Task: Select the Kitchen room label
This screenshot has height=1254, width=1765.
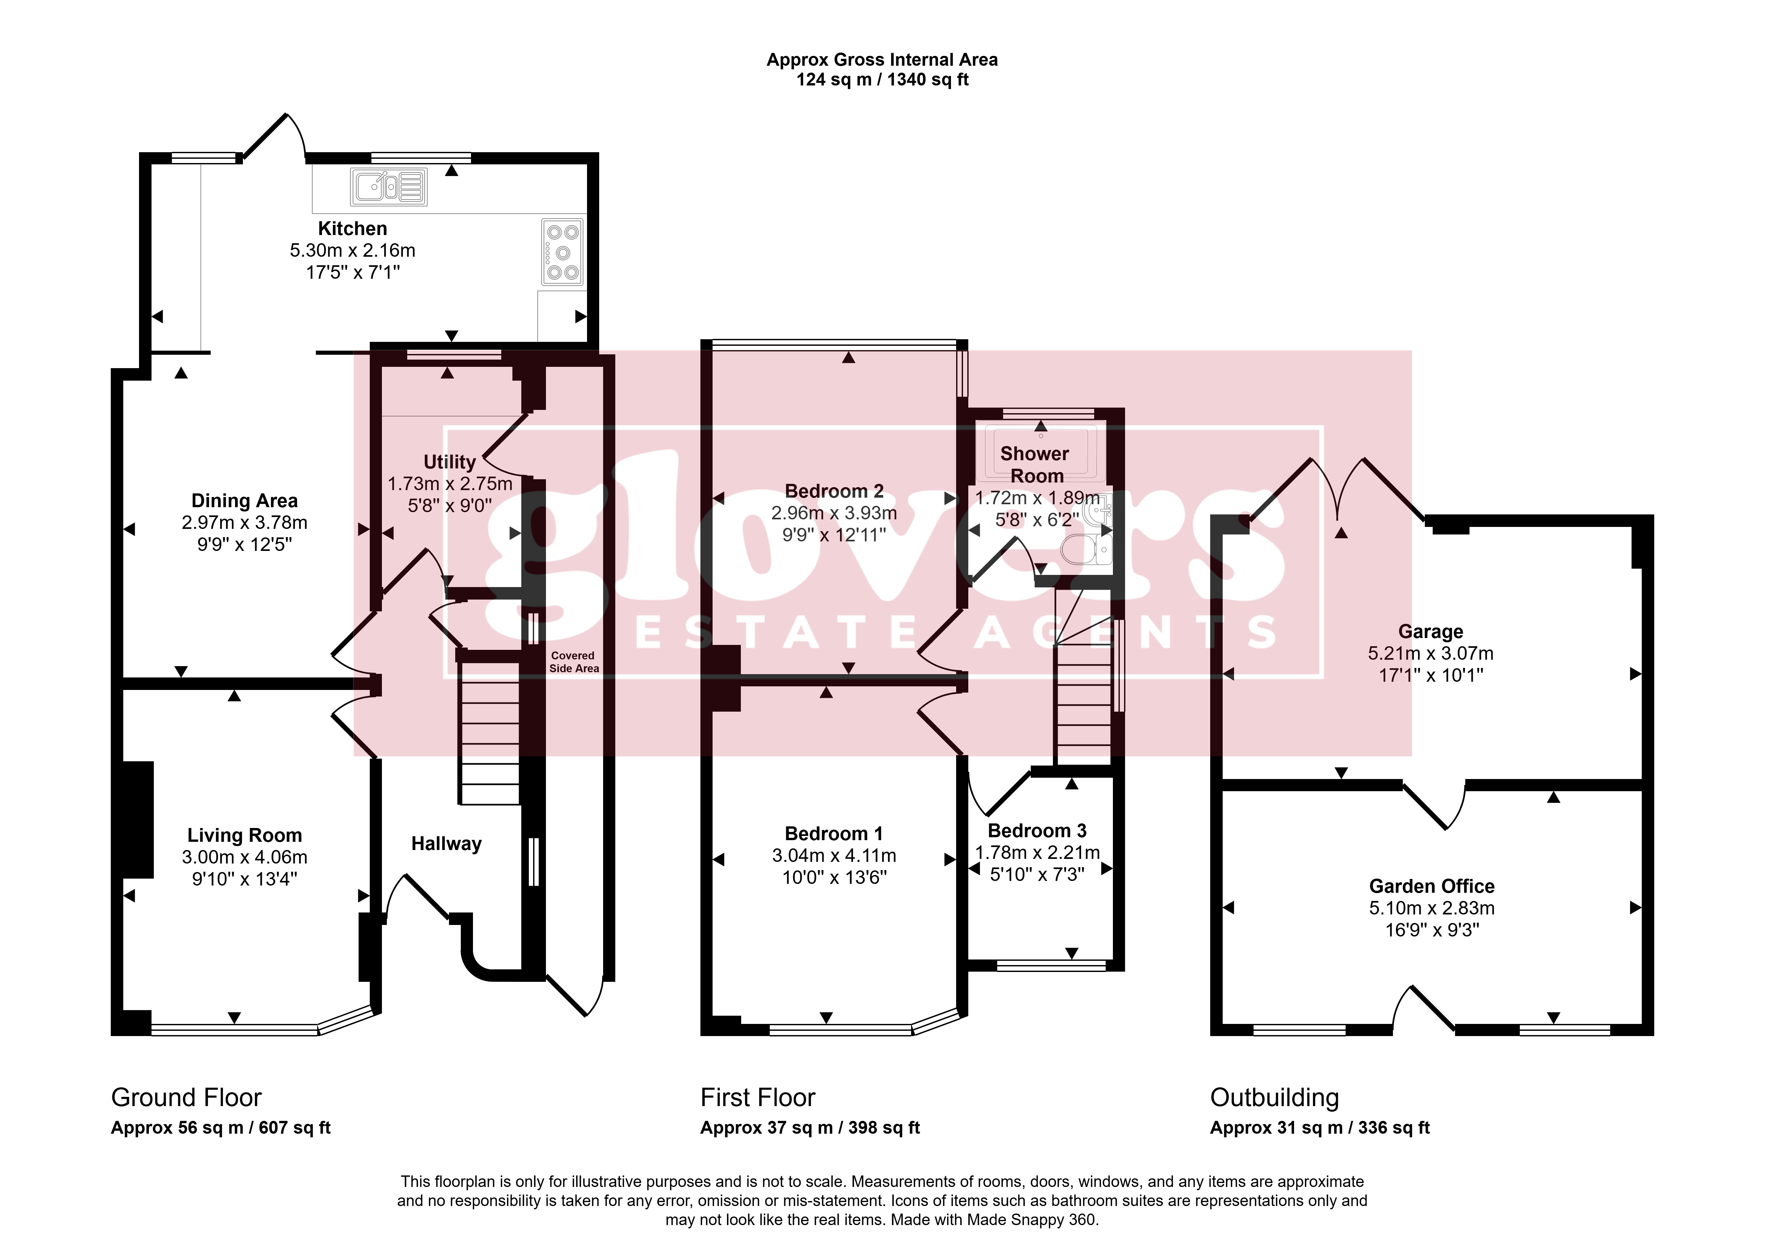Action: [x=353, y=228]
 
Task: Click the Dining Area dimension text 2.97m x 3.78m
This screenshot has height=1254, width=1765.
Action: [x=245, y=523]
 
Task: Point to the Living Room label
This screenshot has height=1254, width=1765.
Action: [x=245, y=836]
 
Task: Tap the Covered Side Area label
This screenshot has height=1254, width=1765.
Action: [x=574, y=662]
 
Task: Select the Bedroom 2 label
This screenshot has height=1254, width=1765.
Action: [x=834, y=491]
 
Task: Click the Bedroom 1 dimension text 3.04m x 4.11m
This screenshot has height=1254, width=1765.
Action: [x=834, y=856]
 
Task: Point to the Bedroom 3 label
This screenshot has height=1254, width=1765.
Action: [x=1037, y=831]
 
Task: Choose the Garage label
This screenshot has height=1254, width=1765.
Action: [x=1431, y=632]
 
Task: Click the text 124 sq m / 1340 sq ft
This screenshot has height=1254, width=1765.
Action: [x=882, y=80]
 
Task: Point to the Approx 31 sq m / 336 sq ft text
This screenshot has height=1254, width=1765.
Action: [x=1320, y=1128]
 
